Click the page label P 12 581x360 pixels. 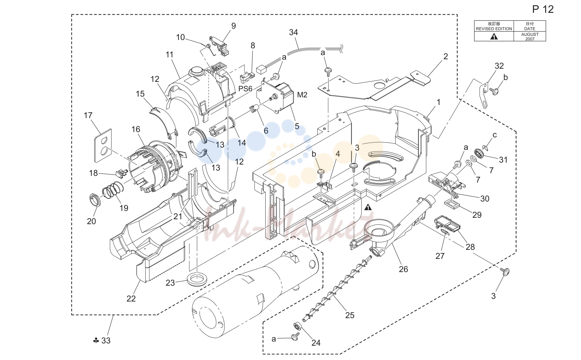pos(543,9)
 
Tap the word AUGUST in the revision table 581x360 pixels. pos(530,34)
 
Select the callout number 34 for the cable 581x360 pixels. pos(294,32)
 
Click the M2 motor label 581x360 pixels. pos(302,95)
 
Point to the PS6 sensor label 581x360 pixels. pos(245,89)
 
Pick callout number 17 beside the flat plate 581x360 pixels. pos(88,115)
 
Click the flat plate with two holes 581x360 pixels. pos(103,146)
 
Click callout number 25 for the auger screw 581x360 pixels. pos(350,315)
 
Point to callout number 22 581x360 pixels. pos(131,298)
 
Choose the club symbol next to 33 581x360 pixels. pos(96,340)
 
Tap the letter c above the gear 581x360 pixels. pos(495,135)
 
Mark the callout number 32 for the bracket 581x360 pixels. pos(499,66)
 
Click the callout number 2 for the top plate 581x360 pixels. pos(446,56)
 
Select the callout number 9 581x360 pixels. pos(234,26)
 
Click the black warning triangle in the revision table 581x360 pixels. pos(494,37)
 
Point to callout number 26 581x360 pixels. pos(403,269)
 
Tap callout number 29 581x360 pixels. pos(477,215)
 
